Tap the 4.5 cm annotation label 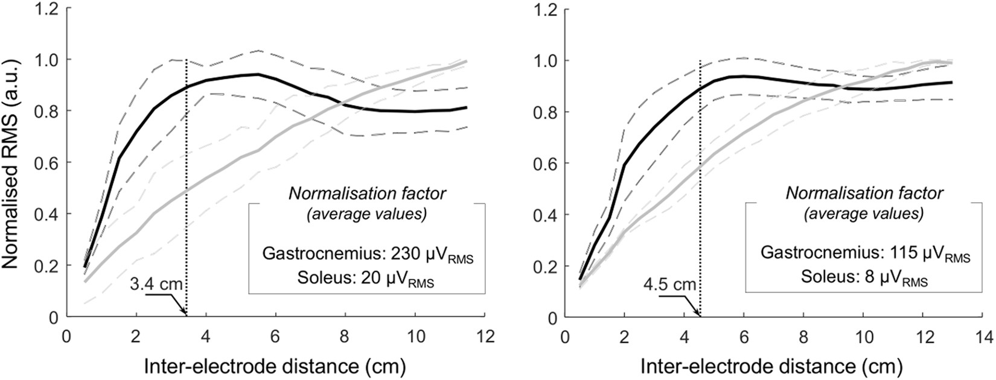pyautogui.click(x=676, y=283)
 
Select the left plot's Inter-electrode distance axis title pyautogui.click(x=275, y=366)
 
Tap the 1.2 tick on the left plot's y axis pyautogui.click(x=47, y=8)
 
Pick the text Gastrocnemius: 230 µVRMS pyautogui.click(x=368, y=256)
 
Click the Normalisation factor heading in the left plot pyautogui.click(x=367, y=194)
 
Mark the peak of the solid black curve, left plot pyautogui.click(x=258, y=75)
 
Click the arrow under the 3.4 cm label pyautogui.click(x=175, y=303)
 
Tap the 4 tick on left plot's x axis pyautogui.click(x=206, y=334)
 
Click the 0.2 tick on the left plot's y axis pyautogui.click(x=47, y=265)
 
